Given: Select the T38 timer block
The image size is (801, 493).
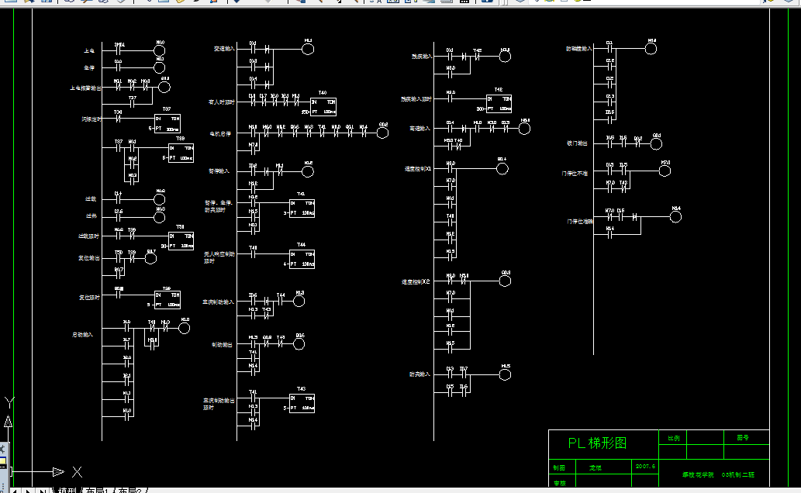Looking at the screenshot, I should point(181,153).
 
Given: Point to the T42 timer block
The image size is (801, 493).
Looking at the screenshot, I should point(499,104).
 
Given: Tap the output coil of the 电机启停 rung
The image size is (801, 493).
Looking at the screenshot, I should point(383,133).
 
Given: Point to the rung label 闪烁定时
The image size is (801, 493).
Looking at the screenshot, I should point(91,119).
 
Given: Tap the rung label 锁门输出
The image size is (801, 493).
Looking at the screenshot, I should point(577,143).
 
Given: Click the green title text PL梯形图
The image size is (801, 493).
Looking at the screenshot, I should point(597,443).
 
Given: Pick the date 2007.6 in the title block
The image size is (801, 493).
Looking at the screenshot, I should point(645,467).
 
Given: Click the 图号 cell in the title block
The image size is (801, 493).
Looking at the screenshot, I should point(742,438).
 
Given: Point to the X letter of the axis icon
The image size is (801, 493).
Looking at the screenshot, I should point(77,471).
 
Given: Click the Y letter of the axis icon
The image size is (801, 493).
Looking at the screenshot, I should point(9,402).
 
